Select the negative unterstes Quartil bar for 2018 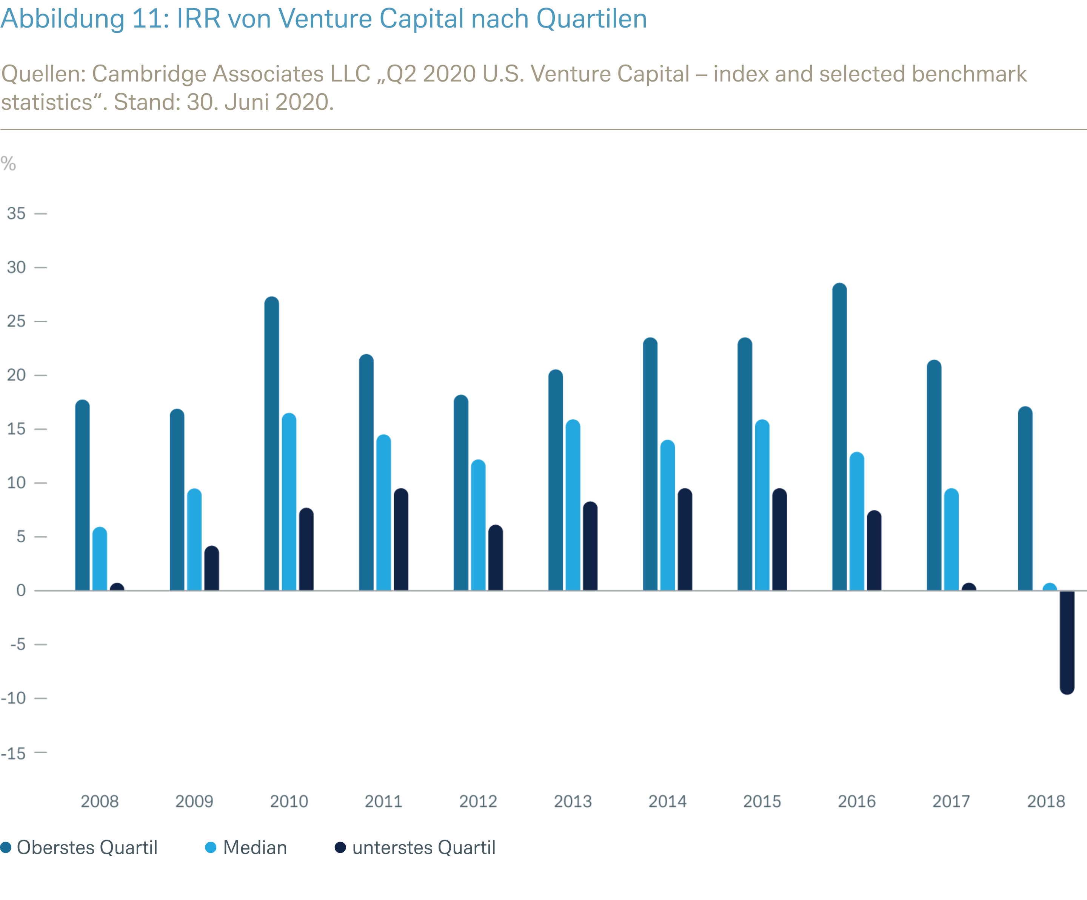pyautogui.click(x=1067, y=642)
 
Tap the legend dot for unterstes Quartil pyautogui.click(x=340, y=848)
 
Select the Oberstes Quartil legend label pyautogui.click(x=87, y=848)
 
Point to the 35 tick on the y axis pyautogui.click(x=16, y=213)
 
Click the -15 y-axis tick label pyautogui.click(x=14, y=754)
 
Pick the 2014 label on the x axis pyautogui.click(x=667, y=801)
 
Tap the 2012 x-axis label pyautogui.click(x=478, y=801)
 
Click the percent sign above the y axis pyautogui.click(x=8, y=164)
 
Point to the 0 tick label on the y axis pyautogui.click(x=21, y=591)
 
